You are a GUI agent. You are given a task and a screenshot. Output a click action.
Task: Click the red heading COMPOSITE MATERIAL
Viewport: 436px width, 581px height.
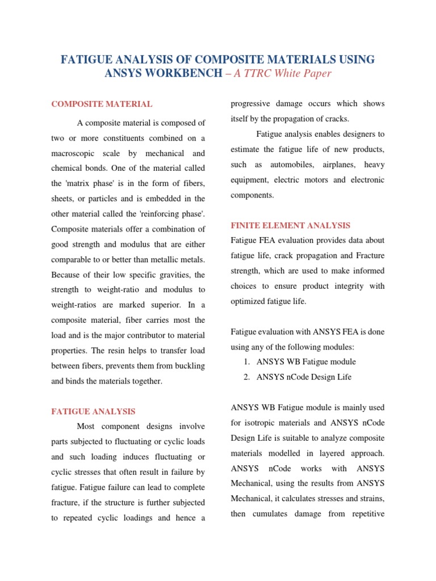[102, 104]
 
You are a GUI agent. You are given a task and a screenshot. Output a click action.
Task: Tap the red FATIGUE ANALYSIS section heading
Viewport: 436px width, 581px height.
[93, 411]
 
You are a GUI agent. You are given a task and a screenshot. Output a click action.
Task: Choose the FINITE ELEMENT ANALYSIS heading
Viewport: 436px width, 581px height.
[291, 225]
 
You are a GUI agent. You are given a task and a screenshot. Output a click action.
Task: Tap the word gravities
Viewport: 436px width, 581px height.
[153, 275]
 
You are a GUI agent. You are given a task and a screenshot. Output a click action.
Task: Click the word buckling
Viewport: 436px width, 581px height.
[190, 366]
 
